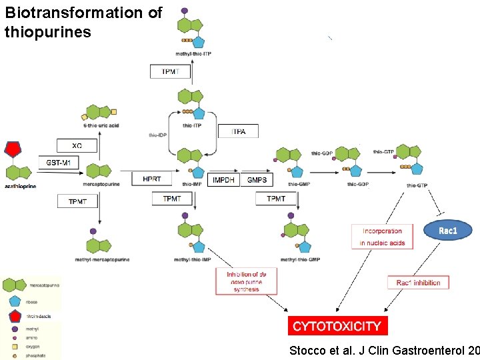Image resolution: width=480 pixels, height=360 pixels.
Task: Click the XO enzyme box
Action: point(77,145)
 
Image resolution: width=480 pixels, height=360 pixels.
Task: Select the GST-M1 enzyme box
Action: point(62,162)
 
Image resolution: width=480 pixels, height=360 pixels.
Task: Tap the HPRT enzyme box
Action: point(151,179)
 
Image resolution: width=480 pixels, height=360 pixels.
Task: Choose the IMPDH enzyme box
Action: point(223,180)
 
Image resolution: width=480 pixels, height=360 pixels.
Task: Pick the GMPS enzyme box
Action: point(257,180)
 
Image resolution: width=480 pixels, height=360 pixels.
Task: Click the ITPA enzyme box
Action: point(238,131)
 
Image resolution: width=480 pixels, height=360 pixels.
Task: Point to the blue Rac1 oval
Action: point(448,231)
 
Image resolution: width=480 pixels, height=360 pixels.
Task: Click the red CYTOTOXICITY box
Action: point(337,326)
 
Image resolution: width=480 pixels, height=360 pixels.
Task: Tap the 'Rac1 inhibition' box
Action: point(418,283)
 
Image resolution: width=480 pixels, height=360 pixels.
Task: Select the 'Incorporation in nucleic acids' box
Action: point(383,237)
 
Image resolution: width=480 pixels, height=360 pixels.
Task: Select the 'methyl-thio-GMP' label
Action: point(298,259)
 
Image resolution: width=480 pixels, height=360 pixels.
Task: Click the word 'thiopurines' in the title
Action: point(47,31)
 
